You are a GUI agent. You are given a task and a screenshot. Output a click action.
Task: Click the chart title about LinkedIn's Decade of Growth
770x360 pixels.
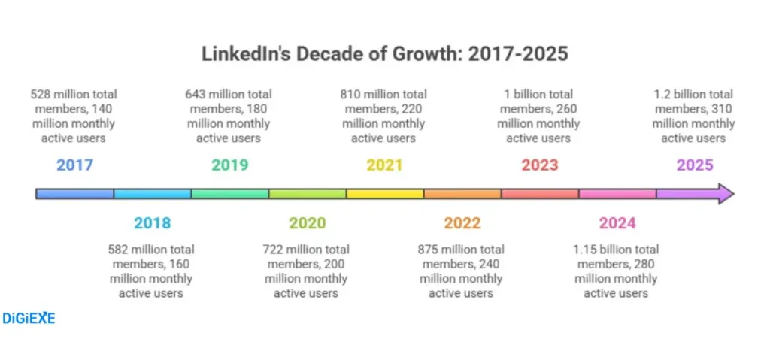(384, 55)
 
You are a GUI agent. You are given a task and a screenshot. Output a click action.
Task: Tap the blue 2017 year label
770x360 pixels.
(74, 165)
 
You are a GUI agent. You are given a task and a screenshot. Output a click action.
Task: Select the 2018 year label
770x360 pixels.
(152, 223)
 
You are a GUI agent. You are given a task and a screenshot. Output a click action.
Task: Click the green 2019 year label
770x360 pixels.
(229, 165)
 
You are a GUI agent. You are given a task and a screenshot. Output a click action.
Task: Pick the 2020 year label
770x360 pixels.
(307, 223)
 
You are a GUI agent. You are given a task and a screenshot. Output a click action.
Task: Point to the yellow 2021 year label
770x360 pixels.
(384, 165)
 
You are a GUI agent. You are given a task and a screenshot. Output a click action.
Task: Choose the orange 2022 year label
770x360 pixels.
(462, 223)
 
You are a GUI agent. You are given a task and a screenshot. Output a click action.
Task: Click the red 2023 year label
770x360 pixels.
(539, 165)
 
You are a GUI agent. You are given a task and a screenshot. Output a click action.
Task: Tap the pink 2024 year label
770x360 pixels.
(617, 223)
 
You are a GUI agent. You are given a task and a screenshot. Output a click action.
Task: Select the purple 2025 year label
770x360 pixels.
(694, 165)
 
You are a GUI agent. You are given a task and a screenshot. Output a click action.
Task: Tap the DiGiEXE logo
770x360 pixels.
(29, 318)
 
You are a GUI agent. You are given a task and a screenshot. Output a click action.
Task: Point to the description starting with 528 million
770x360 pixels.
(74, 116)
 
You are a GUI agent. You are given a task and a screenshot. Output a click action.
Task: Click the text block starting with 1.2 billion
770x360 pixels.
(693, 116)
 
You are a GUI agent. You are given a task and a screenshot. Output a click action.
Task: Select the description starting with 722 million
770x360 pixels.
(306, 271)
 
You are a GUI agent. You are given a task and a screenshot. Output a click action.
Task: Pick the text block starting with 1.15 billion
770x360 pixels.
(616, 271)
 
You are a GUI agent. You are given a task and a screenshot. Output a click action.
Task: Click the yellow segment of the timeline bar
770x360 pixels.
(384, 194)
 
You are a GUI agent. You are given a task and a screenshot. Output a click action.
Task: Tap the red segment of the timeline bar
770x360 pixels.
(539, 194)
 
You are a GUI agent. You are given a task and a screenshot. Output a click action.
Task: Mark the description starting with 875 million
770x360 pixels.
(461, 271)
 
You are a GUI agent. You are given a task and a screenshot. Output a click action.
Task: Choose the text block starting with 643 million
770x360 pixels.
(229, 116)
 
